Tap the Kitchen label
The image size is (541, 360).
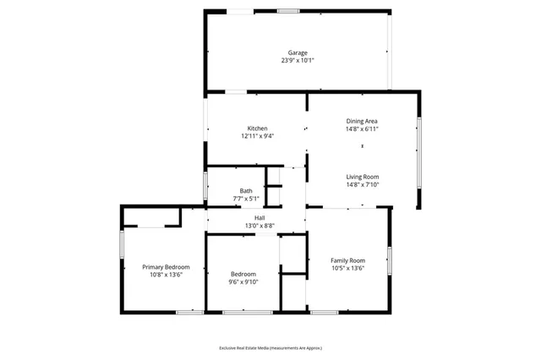pyautogui.click(x=257, y=128)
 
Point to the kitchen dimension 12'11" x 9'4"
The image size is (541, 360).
pyautogui.click(x=257, y=136)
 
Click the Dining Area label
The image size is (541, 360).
pyautogui.click(x=362, y=121)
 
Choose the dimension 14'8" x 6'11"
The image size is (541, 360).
pyautogui.click(x=362, y=128)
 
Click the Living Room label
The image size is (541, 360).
pyautogui.click(x=362, y=177)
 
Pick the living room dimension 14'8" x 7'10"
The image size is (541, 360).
pyautogui.click(x=362, y=184)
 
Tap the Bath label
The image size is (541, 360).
pyautogui.click(x=246, y=191)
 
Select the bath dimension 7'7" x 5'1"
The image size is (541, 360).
pyautogui.click(x=246, y=199)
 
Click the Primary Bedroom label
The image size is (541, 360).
pyautogui.click(x=166, y=266)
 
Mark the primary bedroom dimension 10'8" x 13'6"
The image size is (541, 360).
pyautogui.click(x=166, y=274)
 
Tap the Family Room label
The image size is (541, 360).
pyautogui.click(x=347, y=260)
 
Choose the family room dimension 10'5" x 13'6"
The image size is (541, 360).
pyautogui.click(x=347, y=268)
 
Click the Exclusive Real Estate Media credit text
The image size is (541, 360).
pyautogui.click(x=270, y=347)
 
